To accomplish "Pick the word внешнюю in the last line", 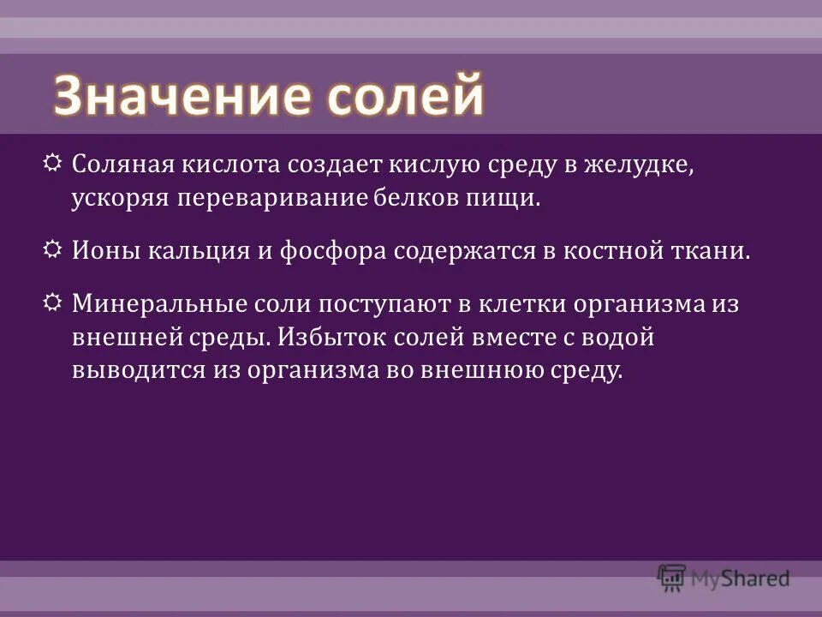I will (484, 370).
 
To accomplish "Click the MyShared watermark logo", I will (724, 578).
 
